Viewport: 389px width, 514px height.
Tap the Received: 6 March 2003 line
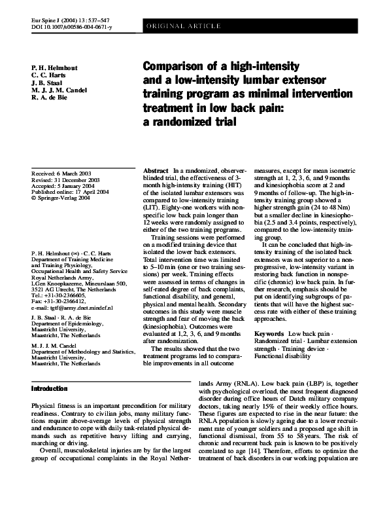tap(63, 170)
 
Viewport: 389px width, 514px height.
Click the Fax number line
tap(58, 301)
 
